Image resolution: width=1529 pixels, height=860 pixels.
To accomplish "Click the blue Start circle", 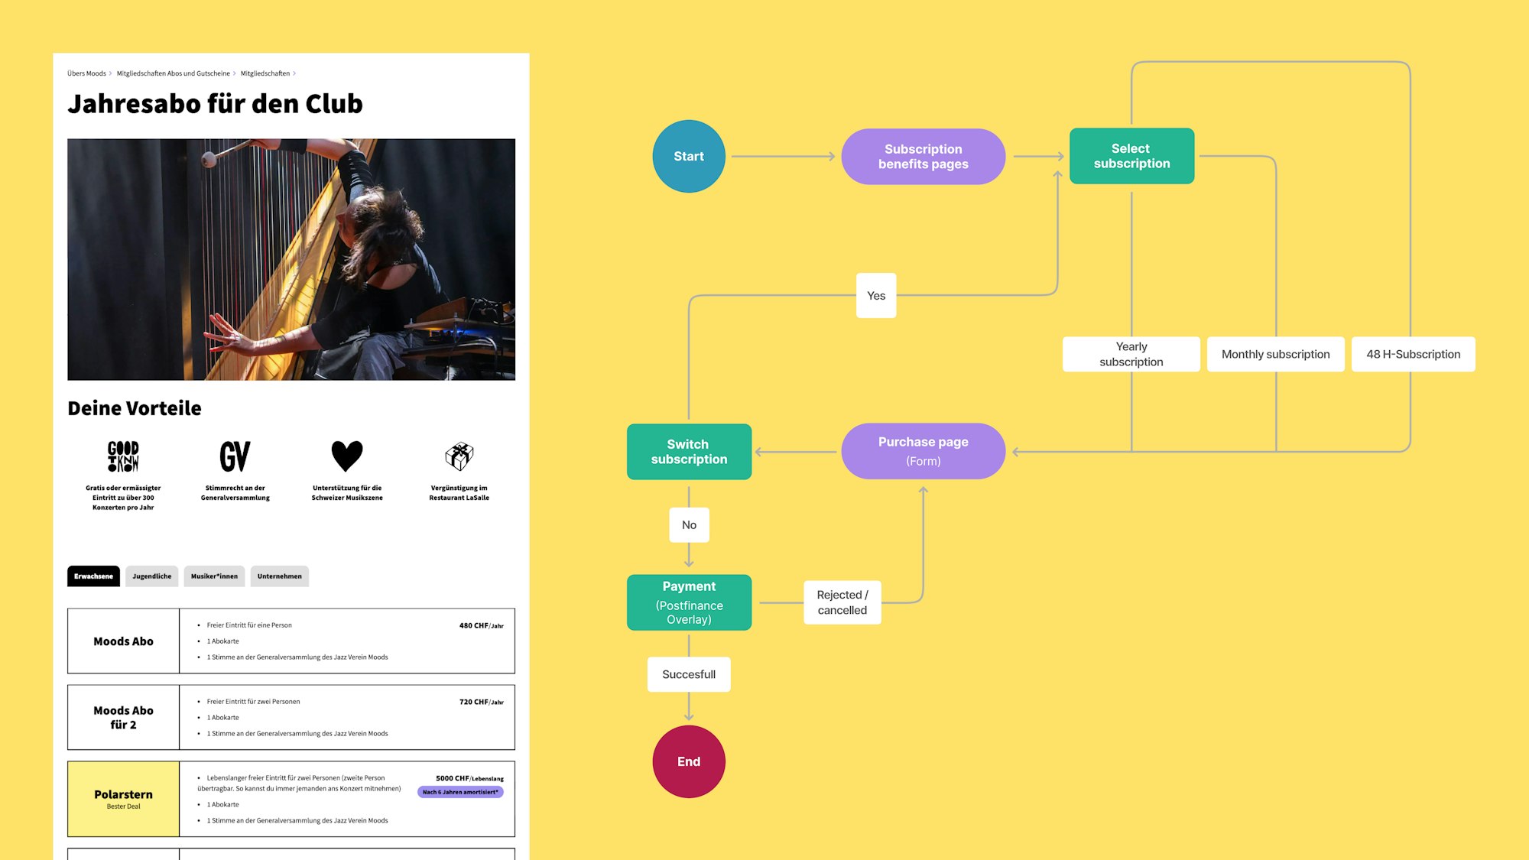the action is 689,156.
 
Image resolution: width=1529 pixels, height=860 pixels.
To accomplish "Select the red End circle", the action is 689,761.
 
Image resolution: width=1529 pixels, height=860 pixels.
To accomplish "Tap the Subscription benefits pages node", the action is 923,156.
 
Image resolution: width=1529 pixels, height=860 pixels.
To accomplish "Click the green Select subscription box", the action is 1131,156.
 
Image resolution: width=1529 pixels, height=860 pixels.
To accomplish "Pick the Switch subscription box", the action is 689,452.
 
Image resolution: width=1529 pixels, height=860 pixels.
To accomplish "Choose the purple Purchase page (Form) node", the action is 923,451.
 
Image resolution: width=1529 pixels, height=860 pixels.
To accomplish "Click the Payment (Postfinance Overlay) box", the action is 689,602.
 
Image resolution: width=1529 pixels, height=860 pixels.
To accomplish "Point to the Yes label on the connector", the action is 876,296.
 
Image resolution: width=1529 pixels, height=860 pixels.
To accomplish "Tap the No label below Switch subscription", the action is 689,525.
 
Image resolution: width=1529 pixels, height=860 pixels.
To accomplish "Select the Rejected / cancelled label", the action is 842,602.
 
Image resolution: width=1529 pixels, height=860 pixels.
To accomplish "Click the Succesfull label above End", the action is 689,674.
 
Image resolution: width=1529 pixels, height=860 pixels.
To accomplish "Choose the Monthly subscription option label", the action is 1275,354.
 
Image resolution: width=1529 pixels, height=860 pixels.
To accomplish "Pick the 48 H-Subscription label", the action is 1414,354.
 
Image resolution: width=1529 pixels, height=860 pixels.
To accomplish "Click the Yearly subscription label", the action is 1131,354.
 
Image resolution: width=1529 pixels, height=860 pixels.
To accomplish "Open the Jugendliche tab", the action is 152,576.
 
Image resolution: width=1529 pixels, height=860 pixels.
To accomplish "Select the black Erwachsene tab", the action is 93,576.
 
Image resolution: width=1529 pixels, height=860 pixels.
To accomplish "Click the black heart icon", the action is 347,456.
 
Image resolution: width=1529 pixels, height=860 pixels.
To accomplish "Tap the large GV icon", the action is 235,456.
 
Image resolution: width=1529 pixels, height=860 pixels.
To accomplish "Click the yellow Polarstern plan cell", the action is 123,799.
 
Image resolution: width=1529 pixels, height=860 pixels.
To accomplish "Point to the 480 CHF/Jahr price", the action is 482,625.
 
